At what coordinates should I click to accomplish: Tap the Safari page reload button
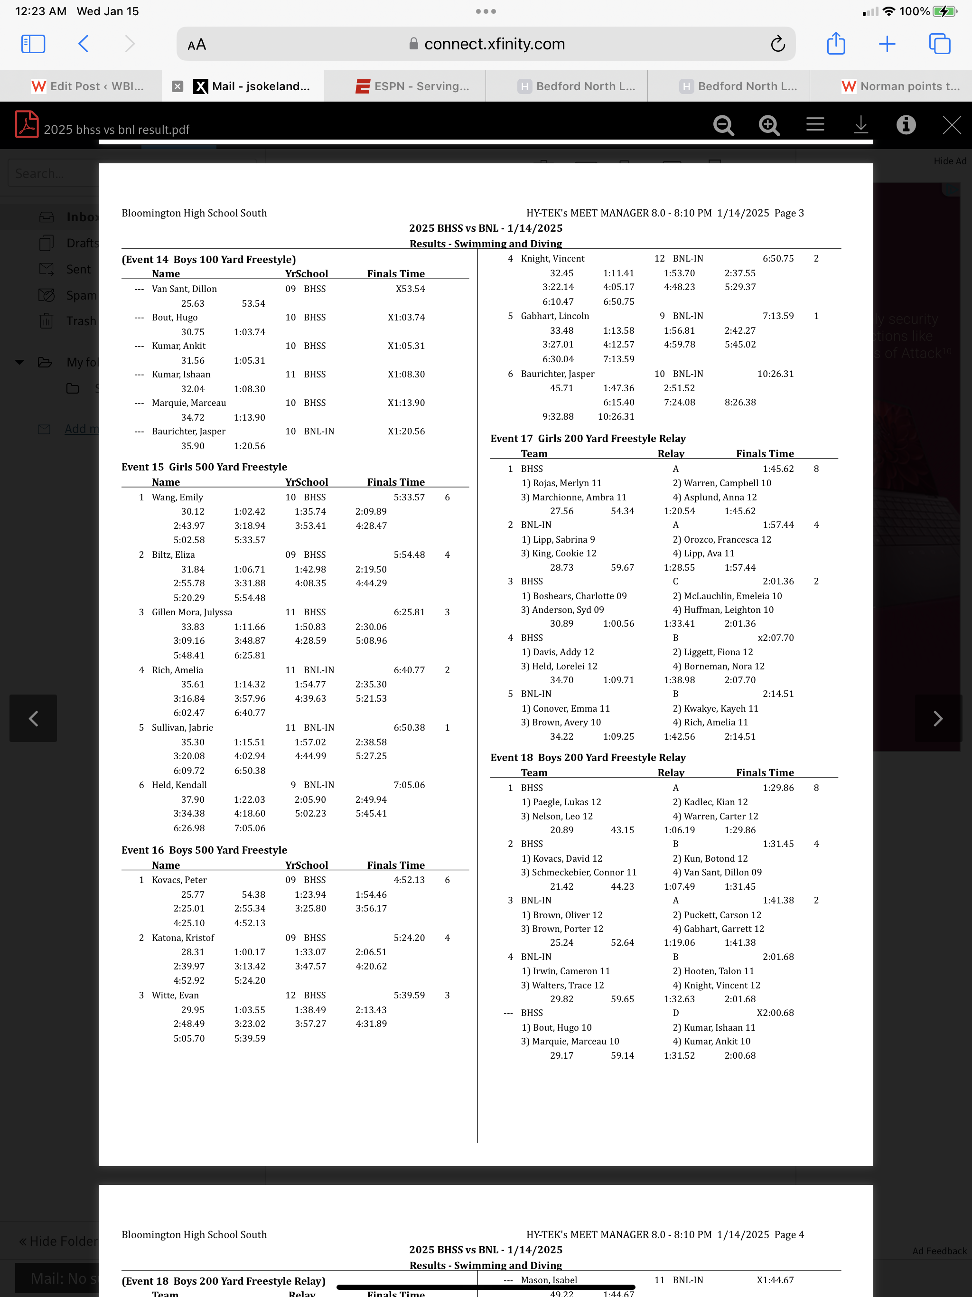click(777, 44)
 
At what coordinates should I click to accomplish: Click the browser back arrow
click(83, 44)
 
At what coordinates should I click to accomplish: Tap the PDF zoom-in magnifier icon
click(768, 125)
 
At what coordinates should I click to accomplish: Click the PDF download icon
click(860, 125)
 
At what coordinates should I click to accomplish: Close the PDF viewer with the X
click(951, 125)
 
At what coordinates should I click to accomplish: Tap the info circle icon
click(906, 125)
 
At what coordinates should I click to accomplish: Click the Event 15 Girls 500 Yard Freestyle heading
click(204, 467)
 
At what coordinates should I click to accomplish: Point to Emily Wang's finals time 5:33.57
click(409, 497)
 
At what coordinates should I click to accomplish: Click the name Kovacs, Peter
click(179, 880)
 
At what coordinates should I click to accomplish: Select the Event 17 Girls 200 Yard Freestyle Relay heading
click(588, 439)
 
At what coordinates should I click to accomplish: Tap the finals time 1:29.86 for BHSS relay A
click(778, 788)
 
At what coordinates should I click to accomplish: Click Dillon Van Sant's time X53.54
click(410, 289)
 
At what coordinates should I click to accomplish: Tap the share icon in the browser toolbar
click(835, 44)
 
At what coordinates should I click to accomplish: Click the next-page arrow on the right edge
click(937, 718)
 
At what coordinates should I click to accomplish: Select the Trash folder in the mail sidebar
click(81, 321)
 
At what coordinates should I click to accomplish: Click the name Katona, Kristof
click(183, 938)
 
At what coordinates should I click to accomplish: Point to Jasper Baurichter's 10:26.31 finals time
click(775, 374)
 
